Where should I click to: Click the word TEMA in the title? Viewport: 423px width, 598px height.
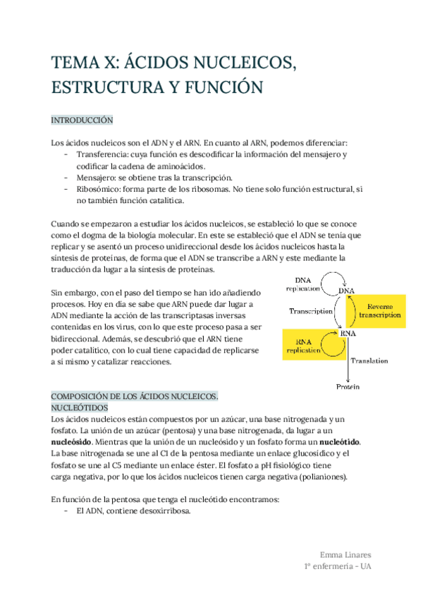pyautogui.click(x=72, y=63)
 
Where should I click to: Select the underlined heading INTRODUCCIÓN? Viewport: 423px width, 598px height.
pyautogui.click(x=82, y=121)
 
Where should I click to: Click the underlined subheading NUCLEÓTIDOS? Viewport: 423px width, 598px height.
pyautogui.click(x=79, y=408)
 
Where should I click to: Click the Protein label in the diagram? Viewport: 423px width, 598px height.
pyautogui.click(x=348, y=386)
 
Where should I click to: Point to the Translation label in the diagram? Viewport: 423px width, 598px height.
pyautogui.click(x=369, y=360)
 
